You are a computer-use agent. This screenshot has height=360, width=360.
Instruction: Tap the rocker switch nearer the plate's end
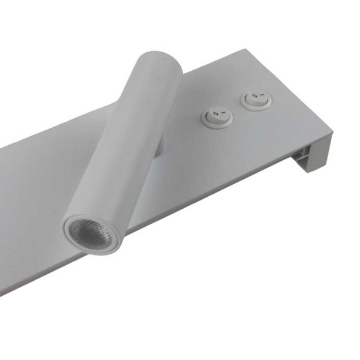tap(254, 99)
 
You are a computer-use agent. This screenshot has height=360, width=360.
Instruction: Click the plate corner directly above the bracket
tap(331, 136)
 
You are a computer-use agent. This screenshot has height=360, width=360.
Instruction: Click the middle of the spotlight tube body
tap(126, 144)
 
